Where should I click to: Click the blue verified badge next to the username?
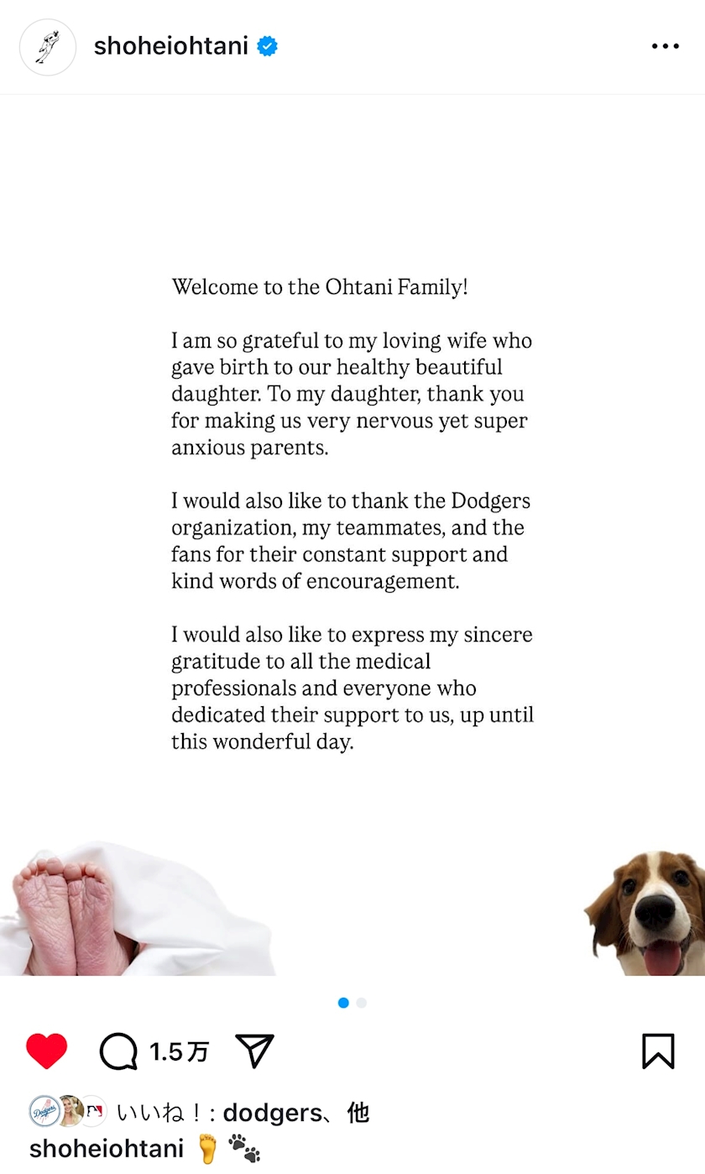point(267,46)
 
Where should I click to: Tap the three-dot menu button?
point(665,46)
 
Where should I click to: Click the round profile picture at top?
point(48,47)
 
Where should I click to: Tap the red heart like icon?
point(46,1051)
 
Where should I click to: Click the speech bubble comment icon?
point(118,1051)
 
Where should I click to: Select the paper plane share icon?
point(255,1051)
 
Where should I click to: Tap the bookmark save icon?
point(658,1051)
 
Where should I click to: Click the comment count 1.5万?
point(179,1051)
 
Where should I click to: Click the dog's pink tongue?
point(663,956)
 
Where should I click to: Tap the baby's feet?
point(67,915)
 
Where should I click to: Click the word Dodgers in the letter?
point(491,501)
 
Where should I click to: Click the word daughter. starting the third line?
point(217,394)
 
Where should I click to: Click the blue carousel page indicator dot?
point(343,1003)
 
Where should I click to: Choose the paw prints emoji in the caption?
point(244,1148)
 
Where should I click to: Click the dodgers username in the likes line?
point(272,1113)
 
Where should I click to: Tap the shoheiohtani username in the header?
point(170,46)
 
